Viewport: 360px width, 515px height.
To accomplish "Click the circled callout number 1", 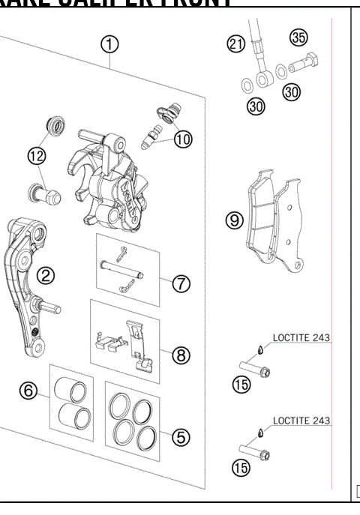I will pyautogui.click(x=110, y=44).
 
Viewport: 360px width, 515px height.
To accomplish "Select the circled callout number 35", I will pyautogui.click(x=299, y=38).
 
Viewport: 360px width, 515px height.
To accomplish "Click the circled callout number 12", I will pyautogui.click(x=37, y=155).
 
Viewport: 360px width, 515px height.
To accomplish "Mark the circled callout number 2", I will pyautogui.click(x=46, y=276).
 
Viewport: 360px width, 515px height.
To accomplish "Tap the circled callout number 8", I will pyautogui.click(x=181, y=355).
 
